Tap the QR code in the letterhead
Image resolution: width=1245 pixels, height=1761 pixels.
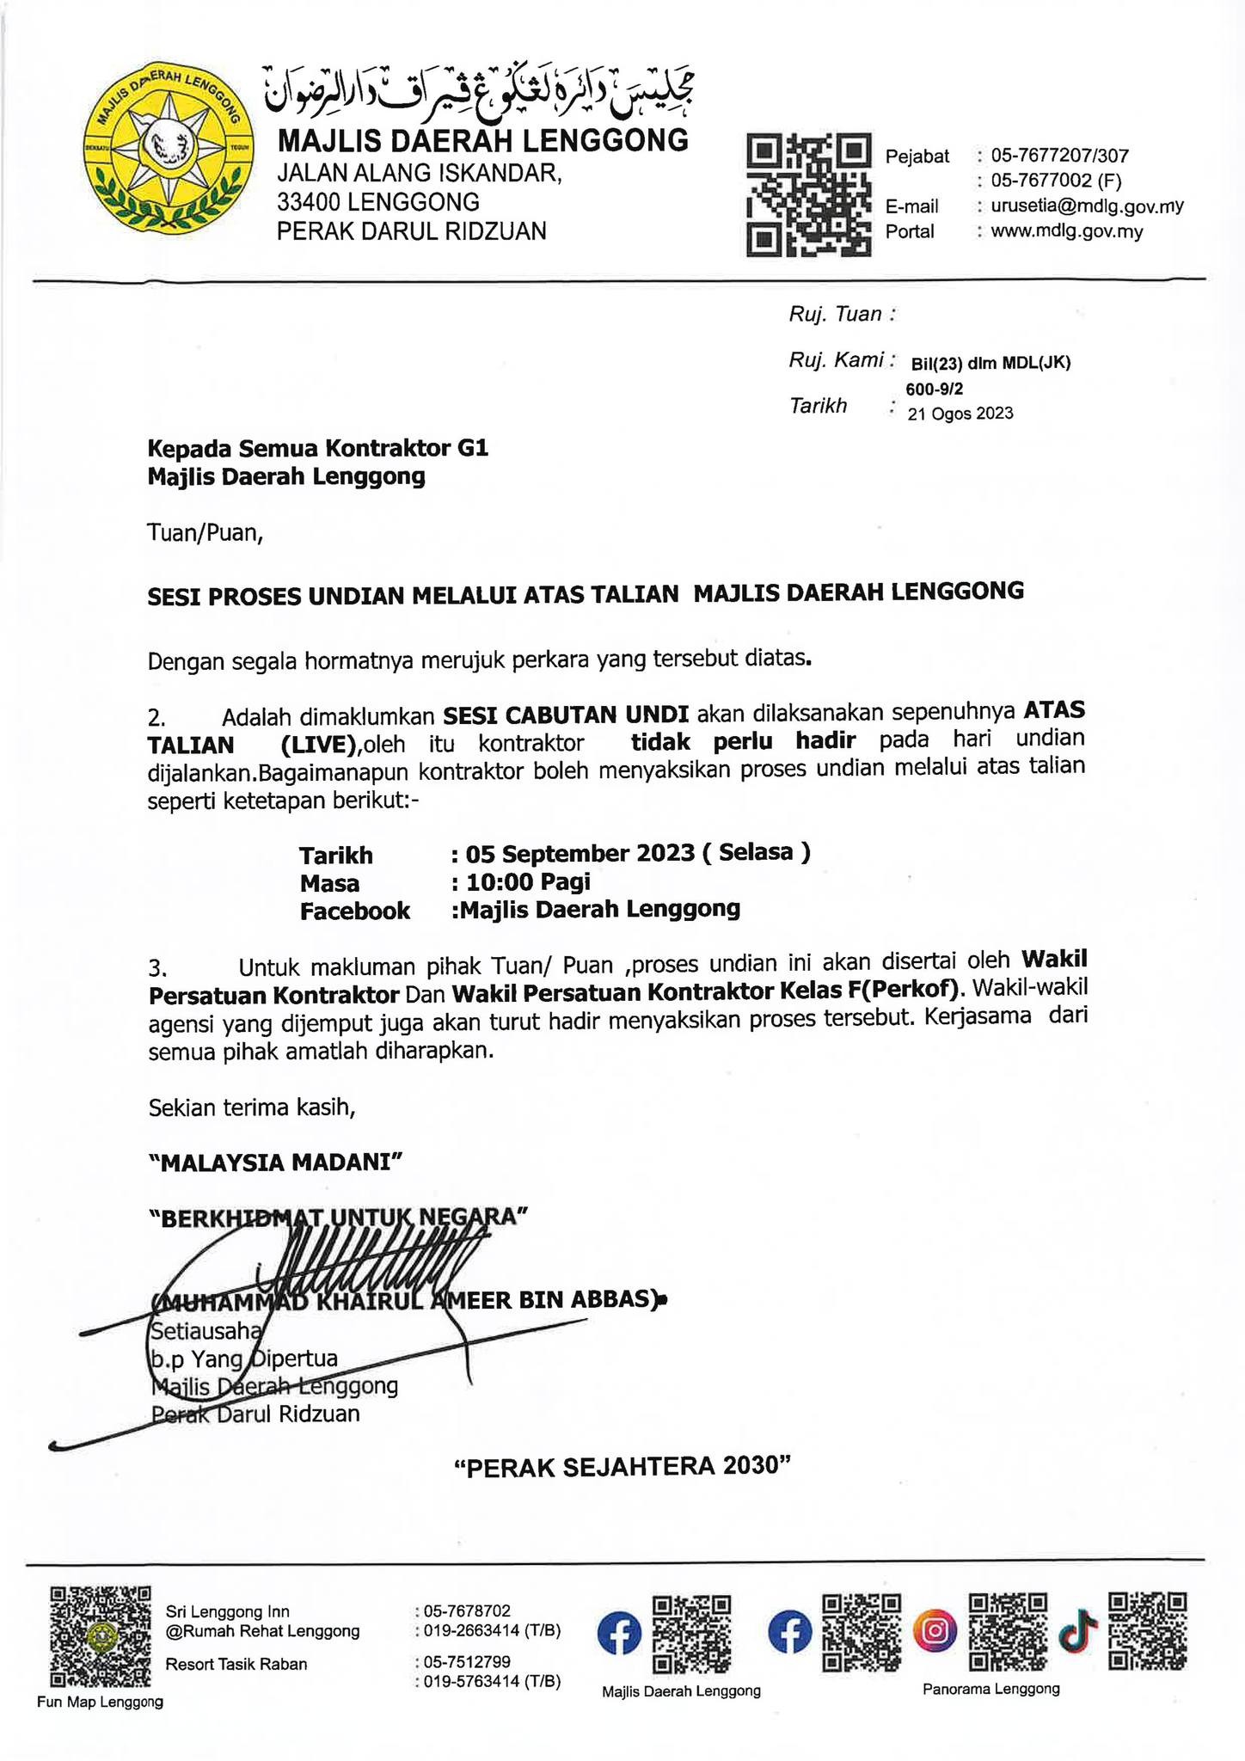[808, 195]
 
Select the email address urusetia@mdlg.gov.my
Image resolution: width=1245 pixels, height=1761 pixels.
[1087, 206]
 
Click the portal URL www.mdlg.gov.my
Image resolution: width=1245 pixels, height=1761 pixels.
[1066, 231]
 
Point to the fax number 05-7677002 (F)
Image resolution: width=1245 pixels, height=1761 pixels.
[1056, 181]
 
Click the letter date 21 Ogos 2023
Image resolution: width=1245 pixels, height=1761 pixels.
[960, 414]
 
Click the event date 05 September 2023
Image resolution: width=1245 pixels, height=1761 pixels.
[580, 853]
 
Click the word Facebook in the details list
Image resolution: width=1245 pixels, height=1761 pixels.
[354, 911]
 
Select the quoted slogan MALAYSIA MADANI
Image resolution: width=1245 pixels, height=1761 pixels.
[275, 1163]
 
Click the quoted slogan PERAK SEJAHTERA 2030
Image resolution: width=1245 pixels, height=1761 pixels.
[622, 1467]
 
